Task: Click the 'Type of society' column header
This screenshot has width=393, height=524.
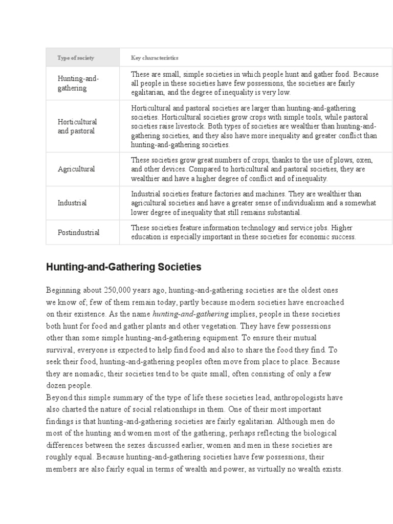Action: pyautogui.click(x=76, y=58)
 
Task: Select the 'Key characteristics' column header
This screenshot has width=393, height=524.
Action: pyautogui.click(x=155, y=58)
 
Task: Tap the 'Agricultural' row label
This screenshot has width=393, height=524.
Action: pyautogui.click(x=76, y=169)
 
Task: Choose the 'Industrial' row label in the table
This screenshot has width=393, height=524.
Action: pyautogui.click(x=72, y=203)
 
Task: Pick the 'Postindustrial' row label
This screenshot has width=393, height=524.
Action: pyautogui.click(x=78, y=232)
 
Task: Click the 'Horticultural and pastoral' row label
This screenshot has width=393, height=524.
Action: pyautogui.click(x=77, y=126)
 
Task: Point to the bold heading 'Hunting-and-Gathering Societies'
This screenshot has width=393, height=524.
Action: pyautogui.click(x=124, y=267)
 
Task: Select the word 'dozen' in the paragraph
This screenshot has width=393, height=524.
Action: pyautogui.click(x=56, y=385)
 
